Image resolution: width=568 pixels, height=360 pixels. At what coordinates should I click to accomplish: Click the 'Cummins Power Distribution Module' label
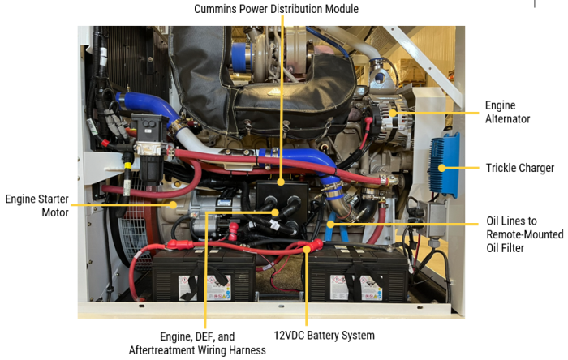pyautogui.click(x=276, y=9)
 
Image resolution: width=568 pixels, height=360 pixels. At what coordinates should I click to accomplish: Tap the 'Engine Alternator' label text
pyautogui.click(x=507, y=112)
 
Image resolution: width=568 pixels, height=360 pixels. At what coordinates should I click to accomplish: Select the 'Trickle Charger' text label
pyautogui.click(x=520, y=168)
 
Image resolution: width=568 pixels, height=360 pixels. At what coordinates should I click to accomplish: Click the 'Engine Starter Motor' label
pyautogui.click(x=37, y=205)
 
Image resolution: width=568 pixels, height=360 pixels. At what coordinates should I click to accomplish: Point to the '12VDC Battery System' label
pyautogui.click(x=324, y=336)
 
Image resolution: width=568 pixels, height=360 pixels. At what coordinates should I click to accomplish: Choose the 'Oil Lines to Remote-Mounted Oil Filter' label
pyautogui.click(x=524, y=234)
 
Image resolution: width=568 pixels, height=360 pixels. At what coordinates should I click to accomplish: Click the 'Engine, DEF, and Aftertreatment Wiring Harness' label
pyautogui.click(x=197, y=343)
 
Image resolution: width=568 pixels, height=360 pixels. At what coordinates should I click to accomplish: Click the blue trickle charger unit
pyautogui.click(x=444, y=165)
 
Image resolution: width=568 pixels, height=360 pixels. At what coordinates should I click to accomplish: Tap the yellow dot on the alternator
pyautogui.click(x=393, y=113)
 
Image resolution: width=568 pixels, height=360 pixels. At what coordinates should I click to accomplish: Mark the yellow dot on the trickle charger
pyautogui.click(x=441, y=168)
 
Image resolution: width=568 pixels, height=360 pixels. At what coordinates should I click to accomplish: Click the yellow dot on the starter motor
pyautogui.click(x=173, y=205)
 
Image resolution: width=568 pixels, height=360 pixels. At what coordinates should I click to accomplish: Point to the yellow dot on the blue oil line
pyautogui.click(x=330, y=225)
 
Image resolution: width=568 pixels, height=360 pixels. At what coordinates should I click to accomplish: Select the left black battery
pyautogui.click(x=204, y=275)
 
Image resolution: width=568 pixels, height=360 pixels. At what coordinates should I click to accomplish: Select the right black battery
pyautogui.click(x=358, y=274)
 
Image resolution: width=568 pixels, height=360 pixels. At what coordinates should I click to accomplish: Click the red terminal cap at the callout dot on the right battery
pyautogui.click(x=314, y=246)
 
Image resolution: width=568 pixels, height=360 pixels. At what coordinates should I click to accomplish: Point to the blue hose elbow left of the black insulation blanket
pyautogui.click(x=148, y=105)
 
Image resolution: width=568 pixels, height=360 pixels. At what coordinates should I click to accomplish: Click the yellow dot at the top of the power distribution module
pyautogui.click(x=282, y=182)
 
